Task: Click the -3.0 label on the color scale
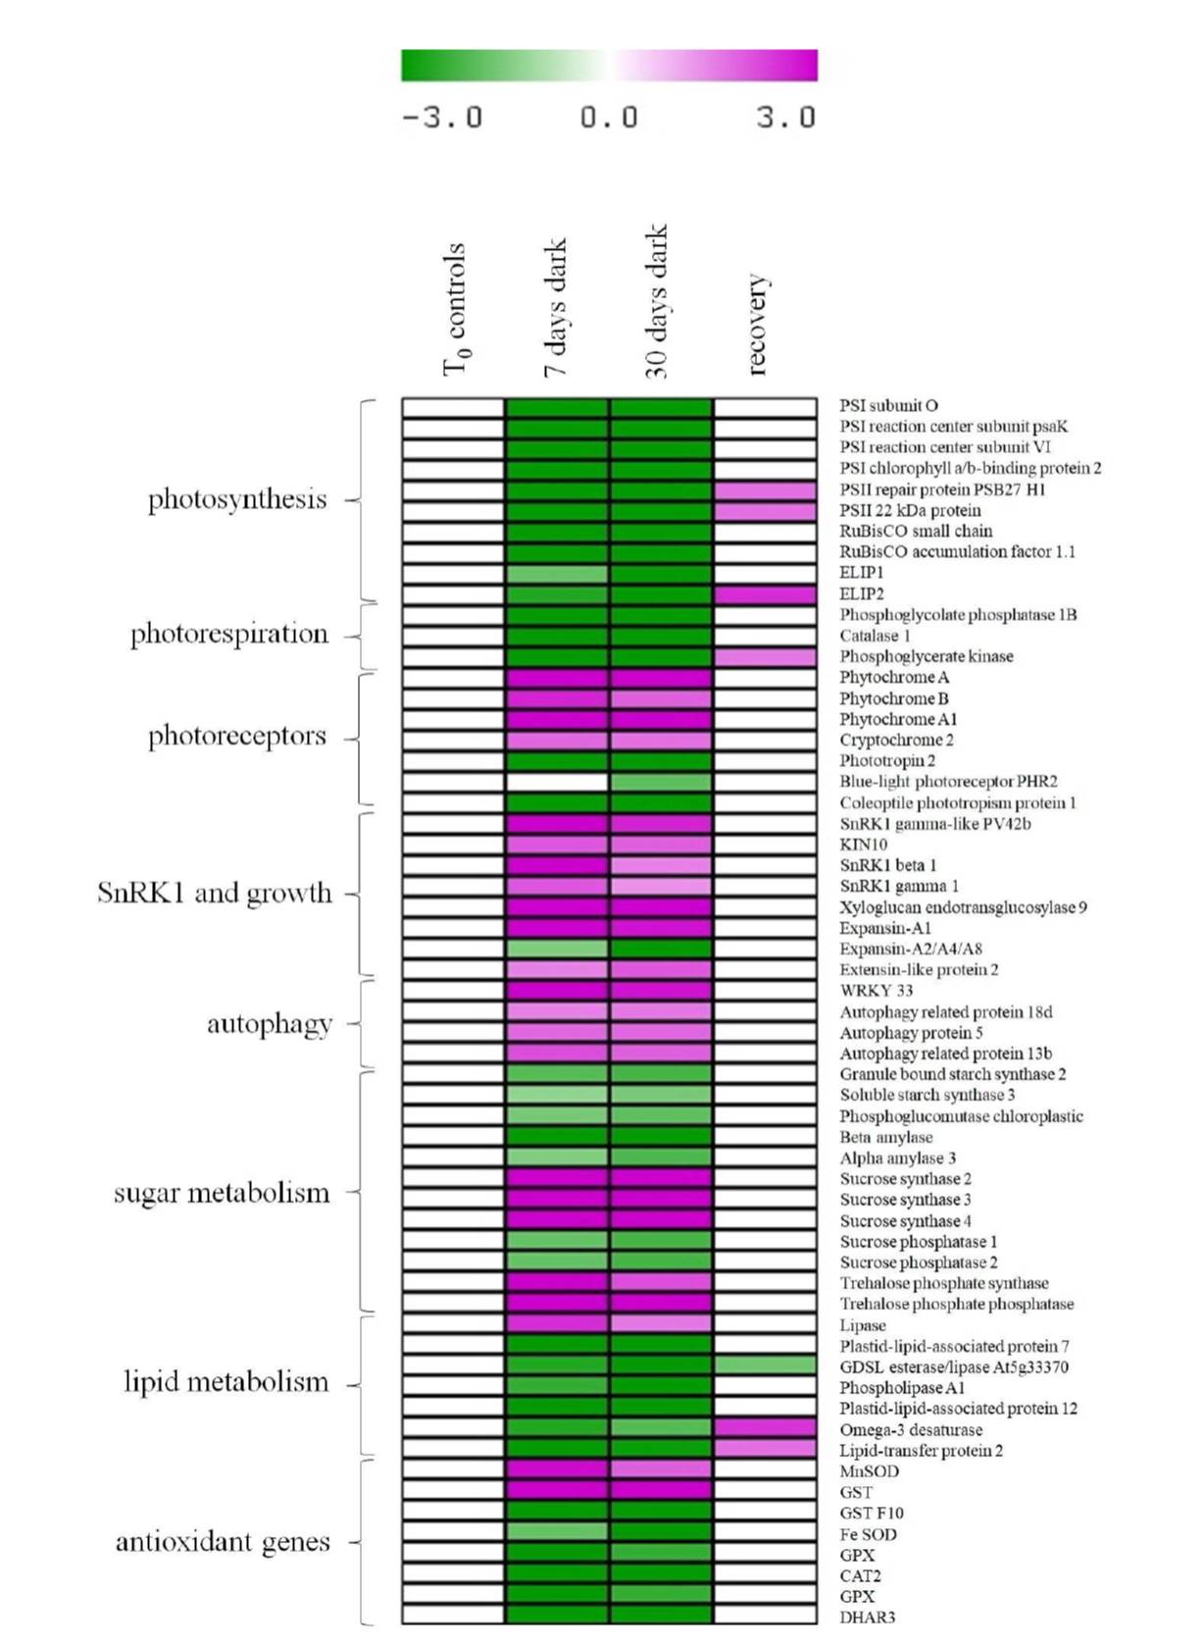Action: coord(442,118)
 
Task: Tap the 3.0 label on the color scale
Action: coord(785,118)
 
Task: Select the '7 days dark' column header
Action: coord(555,307)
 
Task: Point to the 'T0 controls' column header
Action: coord(454,310)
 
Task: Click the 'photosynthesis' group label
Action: coord(237,499)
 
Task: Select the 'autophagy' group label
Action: coord(270,1024)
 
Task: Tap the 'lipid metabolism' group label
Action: coord(226,1382)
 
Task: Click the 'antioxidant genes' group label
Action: coord(223,1542)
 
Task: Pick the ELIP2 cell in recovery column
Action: coord(765,594)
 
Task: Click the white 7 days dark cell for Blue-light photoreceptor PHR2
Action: coord(556,783)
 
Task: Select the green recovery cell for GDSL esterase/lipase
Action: coord(765,1365)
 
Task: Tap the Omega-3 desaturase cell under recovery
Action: coord(765,1428)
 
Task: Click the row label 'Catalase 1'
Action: coord(875,636)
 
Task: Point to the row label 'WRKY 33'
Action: coord(876,991)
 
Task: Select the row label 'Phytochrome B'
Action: coord(893,698)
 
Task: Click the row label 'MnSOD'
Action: coord(869,1471)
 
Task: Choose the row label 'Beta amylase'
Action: coord(885,1137)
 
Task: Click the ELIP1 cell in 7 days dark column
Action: coord(556,574)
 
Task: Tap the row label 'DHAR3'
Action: coord(867,1618)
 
